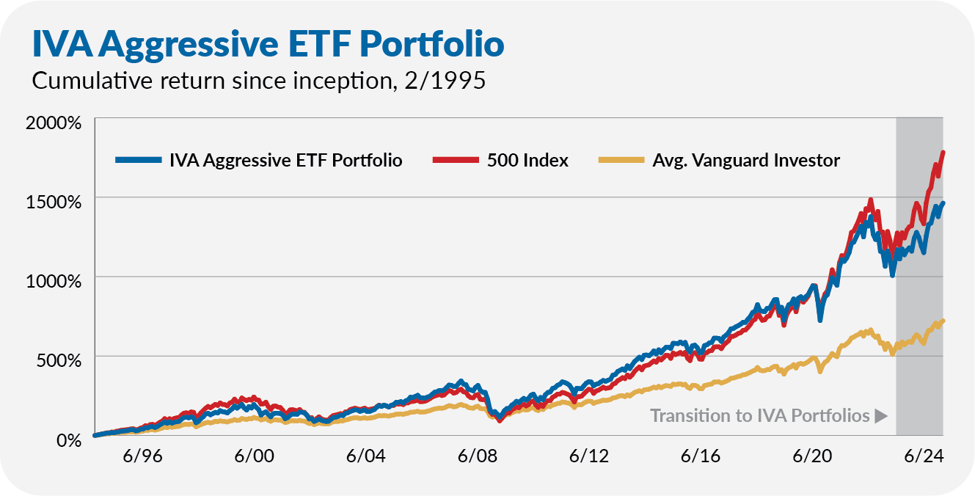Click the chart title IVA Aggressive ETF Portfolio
pos(267,43)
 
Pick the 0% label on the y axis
pos(69,439)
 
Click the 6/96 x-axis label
pos(143,456)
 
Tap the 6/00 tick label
pos(255,456)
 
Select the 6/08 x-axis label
pos(478,456)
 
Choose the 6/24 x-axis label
pos(923,456)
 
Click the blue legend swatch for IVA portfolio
pos(139,160)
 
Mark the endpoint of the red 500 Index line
pos(943,152)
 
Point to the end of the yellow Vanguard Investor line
pos(943,321)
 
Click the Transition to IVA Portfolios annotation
pos(759,416)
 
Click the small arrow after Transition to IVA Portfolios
pos(881,416)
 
